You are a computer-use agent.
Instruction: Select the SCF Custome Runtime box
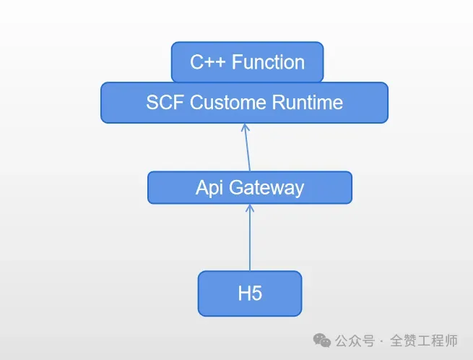[x=244, y=103]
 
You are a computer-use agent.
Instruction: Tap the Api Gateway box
[x=249, y=188]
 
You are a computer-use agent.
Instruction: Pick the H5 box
[x=249, y=293]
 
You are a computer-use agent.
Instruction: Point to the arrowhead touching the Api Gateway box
[x=250, y=208]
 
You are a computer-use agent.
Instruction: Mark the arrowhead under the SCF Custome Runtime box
[x=245, y=128]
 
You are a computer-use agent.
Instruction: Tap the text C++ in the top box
[x=204, y=62]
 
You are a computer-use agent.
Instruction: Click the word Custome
[x=227, y=103]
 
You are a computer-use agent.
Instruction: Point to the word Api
[x=210, y=188]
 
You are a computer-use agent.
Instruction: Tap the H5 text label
[x=249, y=294]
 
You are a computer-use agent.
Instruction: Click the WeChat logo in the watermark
[x=321, y=340]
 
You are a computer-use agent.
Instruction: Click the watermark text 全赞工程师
[x=424, y=340]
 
